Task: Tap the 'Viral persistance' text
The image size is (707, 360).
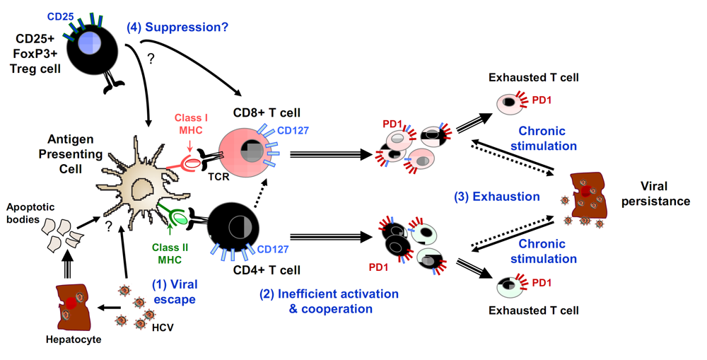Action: [664, 194]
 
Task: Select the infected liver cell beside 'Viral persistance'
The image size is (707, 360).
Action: [589, 199]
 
